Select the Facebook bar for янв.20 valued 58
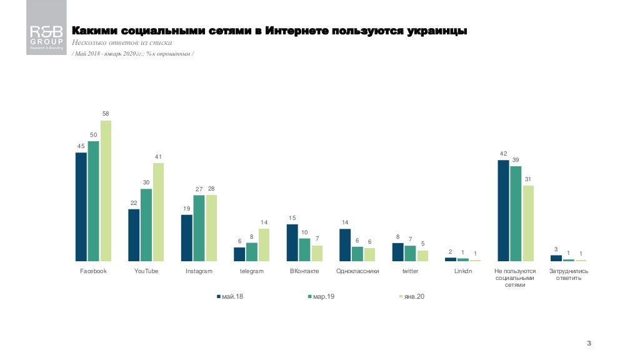[x=106, y=191]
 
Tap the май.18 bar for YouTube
[x=134, y=234]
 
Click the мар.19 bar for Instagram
[x=199, y=227]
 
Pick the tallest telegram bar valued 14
[x=264, y=244]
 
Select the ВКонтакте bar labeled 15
[x=292, y=242]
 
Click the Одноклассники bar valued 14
[x=345, y=244]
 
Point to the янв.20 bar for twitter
[x=422, y=255]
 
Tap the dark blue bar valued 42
[x=503, y=210]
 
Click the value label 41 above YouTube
[x=158, y=156]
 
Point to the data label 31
[x=528, y=179]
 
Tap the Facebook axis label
[x=94, y=271]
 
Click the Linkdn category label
[x=463, y=271]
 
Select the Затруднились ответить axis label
[x=568, y=274]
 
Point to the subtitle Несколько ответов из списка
[x=122, y=43]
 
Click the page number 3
[x=589, y=343]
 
